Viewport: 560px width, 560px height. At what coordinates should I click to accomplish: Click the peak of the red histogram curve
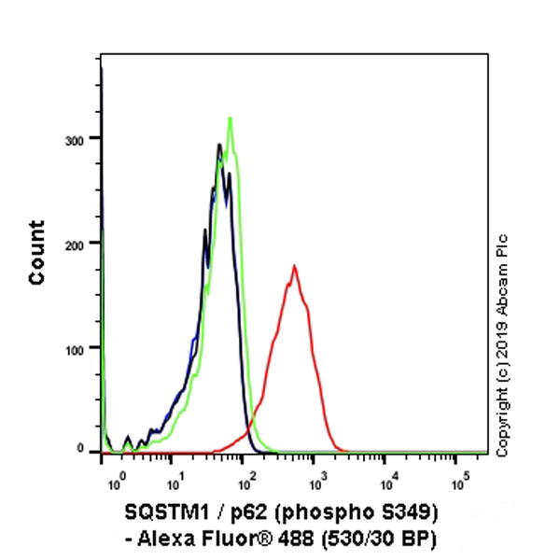294,267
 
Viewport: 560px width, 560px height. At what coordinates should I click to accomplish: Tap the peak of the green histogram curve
230,119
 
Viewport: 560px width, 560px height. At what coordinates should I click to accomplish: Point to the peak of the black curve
218,146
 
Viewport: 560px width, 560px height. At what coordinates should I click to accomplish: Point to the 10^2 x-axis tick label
246,485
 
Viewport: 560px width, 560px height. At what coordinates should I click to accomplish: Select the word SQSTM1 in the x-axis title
160,514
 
